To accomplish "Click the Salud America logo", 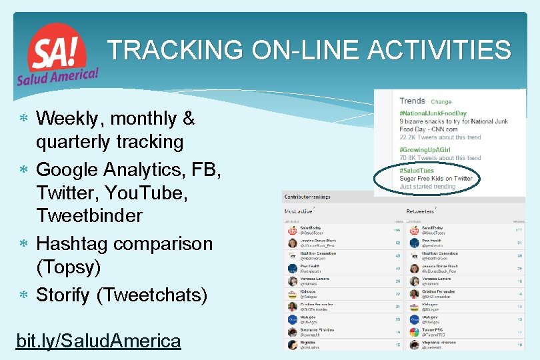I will click(x=57, y=55).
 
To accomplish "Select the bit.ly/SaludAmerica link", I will click(x=98, y=341).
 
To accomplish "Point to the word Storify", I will click(x=63, y=294).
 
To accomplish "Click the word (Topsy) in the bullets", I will click(x=68, y=267).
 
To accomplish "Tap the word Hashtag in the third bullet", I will click(x=75, y=243).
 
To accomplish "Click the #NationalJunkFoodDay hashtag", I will click(x=433, y=114).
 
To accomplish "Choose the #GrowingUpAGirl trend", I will click(x=428, y=150).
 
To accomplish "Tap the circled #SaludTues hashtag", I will click(x=416, y=171).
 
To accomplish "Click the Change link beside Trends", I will click(x=441, y=102).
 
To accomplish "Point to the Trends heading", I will click(x=412, y=101).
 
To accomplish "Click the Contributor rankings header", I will click(x=307, y=197).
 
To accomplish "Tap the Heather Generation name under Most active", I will click(x=319, y=253).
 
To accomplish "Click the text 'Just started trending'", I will click(x=427, y=187).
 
